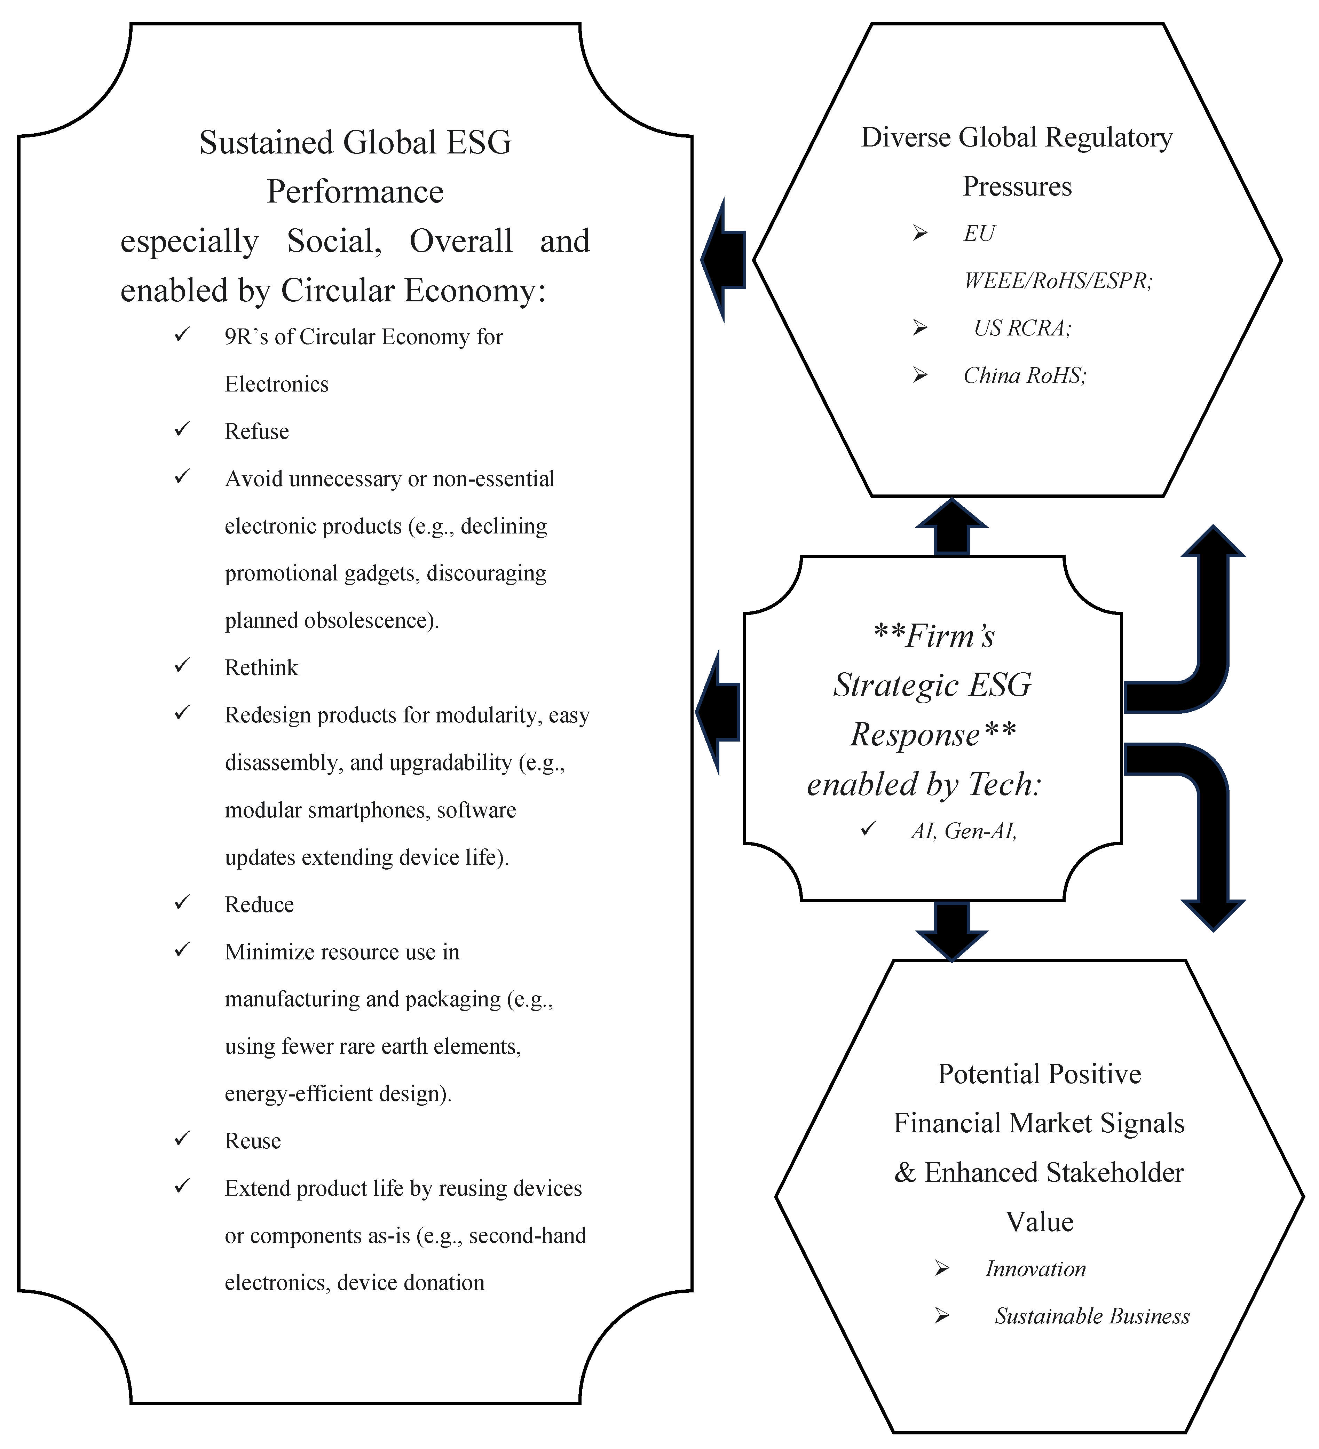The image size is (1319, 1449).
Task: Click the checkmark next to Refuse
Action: [182, 429]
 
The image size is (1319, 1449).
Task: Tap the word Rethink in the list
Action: [261, 668]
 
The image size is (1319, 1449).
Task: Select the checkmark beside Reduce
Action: [182, 902]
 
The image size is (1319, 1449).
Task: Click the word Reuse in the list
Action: [252, 1141]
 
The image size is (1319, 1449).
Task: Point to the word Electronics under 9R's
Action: [277, 384]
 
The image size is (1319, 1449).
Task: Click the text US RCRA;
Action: [1022, 328]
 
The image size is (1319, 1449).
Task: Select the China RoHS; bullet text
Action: [1024, 375]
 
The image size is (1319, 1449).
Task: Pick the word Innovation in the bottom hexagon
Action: [1035, 1269]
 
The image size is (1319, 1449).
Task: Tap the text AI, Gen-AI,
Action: [963, 831]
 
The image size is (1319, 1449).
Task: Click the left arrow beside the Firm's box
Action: [717, 712]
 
